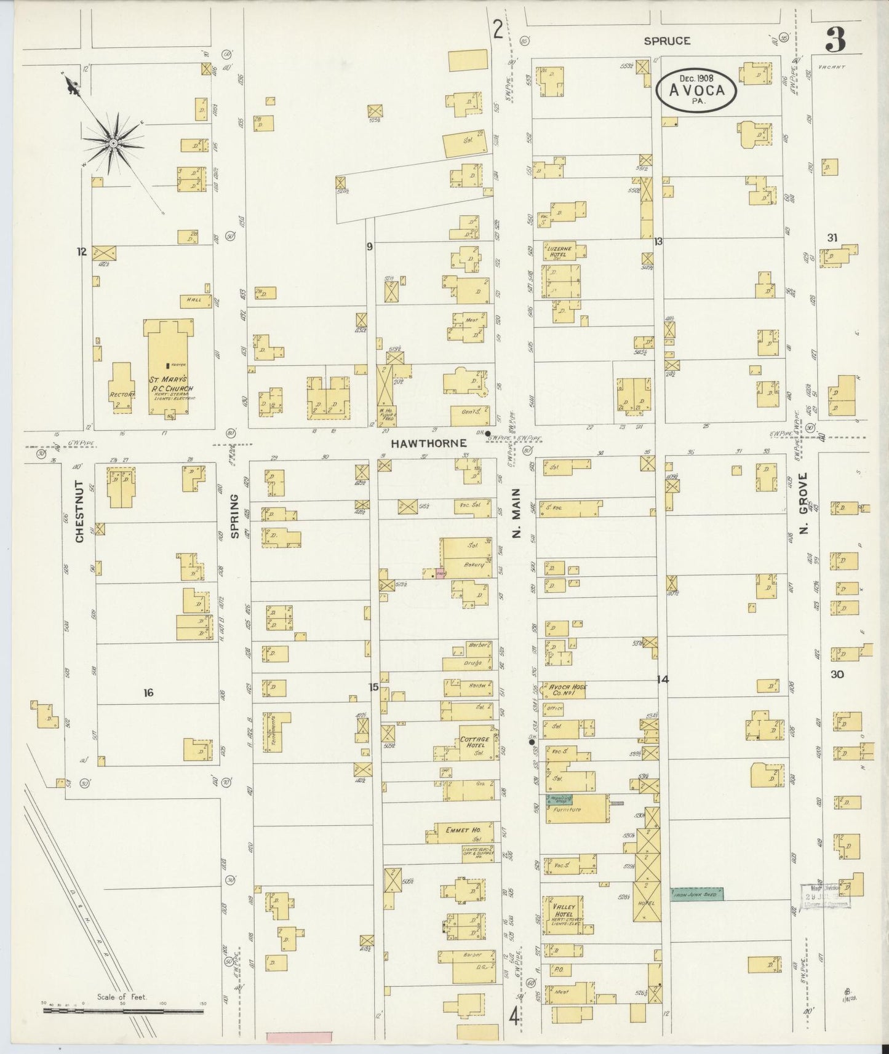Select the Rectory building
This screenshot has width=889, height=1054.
pyautogui.click(x=121, y=386)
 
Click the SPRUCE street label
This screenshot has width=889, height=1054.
pyautogui.click(x=667, y=41)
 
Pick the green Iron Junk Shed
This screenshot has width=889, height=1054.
pyautogui.click(x=696, y=894)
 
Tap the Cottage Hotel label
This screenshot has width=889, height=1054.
pyautogui.click(x=474, y=742)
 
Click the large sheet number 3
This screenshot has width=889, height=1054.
pyautogui.click(x=835, y=40)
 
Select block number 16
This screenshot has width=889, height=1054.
pyautogui.click(x=148, y=693)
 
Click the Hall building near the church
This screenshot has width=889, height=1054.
pyautogui.click(x=193, y=301)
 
